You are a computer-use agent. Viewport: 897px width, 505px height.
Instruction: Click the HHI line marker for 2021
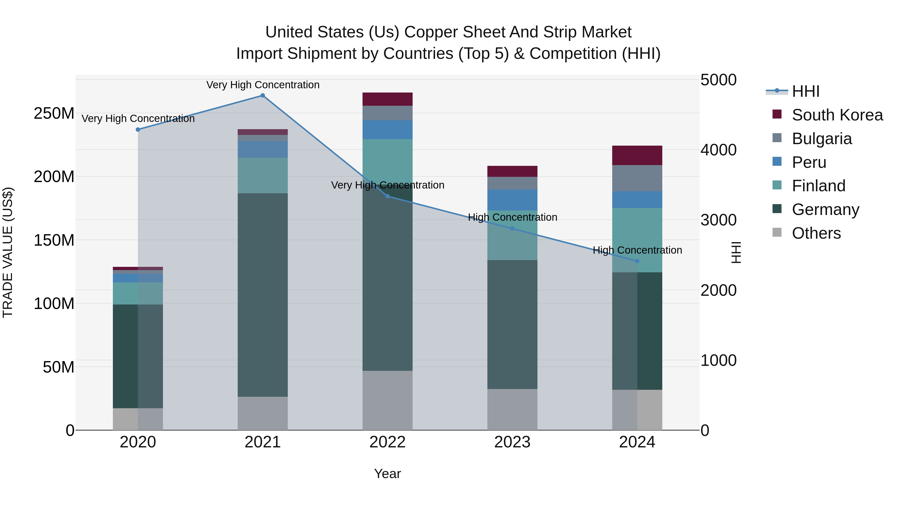click(x=263, y=96)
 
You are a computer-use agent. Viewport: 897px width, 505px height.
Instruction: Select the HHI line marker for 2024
click(x=637, y=261)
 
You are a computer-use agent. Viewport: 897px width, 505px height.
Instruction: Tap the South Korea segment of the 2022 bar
click(x=387, y=99)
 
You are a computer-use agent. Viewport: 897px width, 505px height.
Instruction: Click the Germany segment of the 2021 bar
click(x=263, y=295)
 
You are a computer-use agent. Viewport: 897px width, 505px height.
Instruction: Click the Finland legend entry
click(x=818, y=186)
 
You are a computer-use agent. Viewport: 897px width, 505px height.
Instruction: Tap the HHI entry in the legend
click(x=805, y=91)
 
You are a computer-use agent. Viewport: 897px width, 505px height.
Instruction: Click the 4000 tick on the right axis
click(x=718, y=150)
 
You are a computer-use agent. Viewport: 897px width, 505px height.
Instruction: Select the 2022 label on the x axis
click(x=387, y=442)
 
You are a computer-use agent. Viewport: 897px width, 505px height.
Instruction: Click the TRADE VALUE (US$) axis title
click(x=8, y=252)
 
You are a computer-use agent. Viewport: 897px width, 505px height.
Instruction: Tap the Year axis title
click(x=387, y=474)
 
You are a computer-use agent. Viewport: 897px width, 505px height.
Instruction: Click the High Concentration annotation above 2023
click(x=512, y=217)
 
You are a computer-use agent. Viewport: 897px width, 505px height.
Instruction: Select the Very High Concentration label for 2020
click(x=138, y=118)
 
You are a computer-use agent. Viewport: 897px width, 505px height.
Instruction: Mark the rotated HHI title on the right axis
click(x=736, y=252)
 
